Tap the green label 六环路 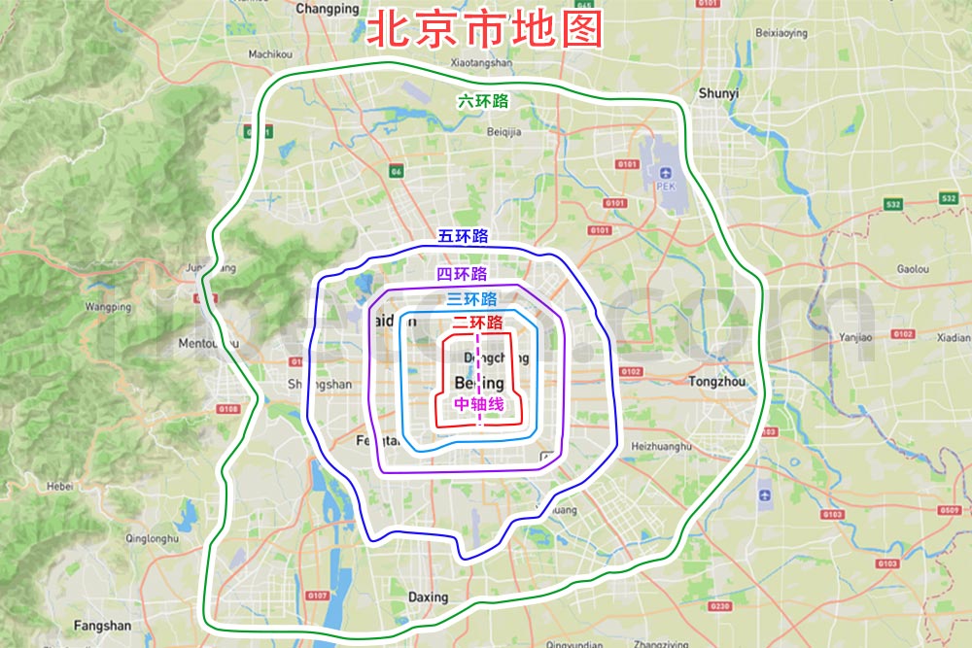click(x=484, y=100)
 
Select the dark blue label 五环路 click(x=463, y=236)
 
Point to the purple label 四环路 click(x=463, y=274)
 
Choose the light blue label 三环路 click(x=471, y=299)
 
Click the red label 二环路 click(x=477, y=323)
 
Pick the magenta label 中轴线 click(x=478, y=403)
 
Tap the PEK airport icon click(x=665, y=174)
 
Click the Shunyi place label click(x=718, y=93)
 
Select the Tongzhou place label click(x=716, y=382)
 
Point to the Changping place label click(x=327, y=9)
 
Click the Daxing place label click(x=428, y=597)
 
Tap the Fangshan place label click(x=102, y=626)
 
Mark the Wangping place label click(x=108, y=307)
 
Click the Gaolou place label click(x=913, y=269)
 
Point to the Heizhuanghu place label click(x=661, y=446)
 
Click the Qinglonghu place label click(x=152, y=538)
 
